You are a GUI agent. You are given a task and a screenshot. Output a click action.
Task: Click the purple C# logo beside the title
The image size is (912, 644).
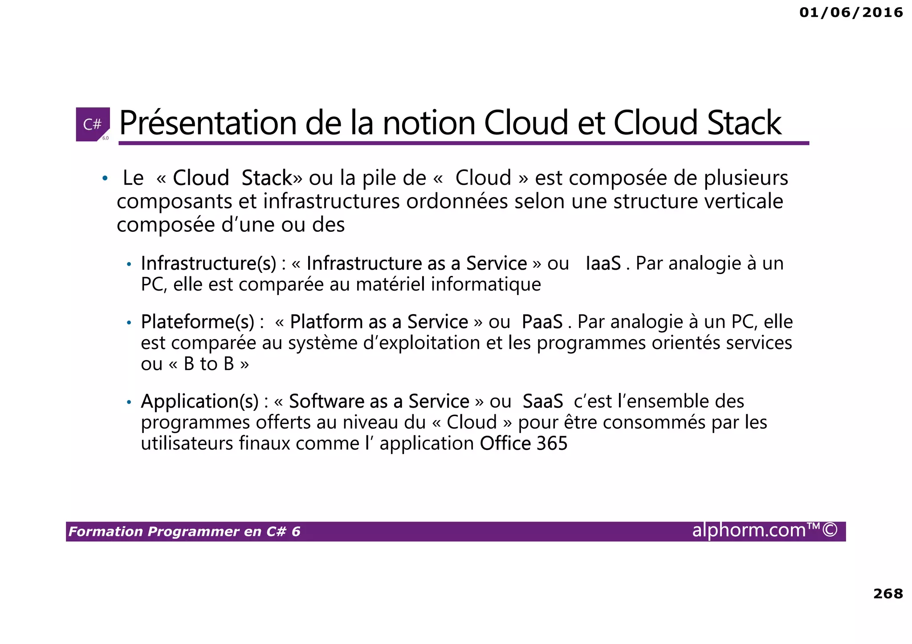(x=93, y=124)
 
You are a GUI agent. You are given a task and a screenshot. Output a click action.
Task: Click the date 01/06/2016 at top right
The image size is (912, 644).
(x=851, y=12)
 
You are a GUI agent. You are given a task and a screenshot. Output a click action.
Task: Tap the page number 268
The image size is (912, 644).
(x=888, y=594)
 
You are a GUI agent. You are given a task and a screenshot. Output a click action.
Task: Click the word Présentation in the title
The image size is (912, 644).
(x=208, y=123)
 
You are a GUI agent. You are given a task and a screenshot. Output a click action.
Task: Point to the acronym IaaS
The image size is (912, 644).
(x=603, y=263)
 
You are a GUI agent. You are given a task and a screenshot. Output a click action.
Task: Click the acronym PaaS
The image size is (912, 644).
(x=542, y=322)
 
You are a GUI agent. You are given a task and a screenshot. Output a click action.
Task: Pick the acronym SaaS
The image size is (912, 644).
(x=543, y=401)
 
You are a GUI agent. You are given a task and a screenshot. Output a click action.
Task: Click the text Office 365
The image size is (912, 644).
(x=524, y=444)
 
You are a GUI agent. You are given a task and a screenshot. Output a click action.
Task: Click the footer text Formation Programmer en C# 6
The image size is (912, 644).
(x=184, y=532)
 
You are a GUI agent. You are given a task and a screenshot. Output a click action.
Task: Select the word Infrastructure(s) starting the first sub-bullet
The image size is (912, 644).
(x=209, y=263)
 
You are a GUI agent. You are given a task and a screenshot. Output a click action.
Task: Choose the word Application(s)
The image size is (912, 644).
(x=199, y=401)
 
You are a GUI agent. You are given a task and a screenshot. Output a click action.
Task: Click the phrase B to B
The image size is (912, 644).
(x=209, y=364)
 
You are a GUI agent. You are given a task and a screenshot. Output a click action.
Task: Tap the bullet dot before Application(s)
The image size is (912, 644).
(x=129, y=403)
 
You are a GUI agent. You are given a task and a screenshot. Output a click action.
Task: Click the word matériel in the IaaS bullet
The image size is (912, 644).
(x=391, y=284)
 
